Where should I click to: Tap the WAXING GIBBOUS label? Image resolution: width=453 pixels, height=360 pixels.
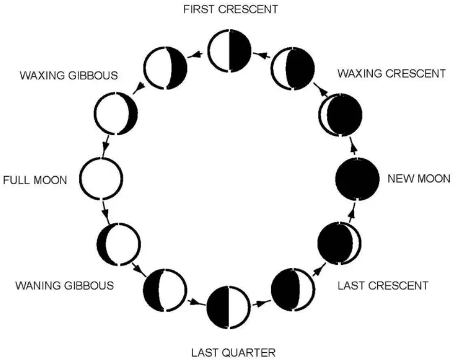(68, 76)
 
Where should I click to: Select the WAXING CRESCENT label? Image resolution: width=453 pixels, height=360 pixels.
(391, 74)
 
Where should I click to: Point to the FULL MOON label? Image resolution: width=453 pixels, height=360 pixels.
(35, 181)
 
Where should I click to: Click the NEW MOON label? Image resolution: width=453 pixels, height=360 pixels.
(419, 179)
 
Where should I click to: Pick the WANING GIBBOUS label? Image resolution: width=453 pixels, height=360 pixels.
(64, 284)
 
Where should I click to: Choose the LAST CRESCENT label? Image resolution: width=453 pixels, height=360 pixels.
(383, 285)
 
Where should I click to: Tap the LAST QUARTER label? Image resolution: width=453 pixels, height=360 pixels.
(233, 352)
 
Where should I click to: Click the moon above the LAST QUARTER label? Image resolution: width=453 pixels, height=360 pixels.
(228, 307)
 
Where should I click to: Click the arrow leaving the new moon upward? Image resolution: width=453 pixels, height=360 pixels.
(353, 148)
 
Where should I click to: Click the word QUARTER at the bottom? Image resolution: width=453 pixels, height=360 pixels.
(252, 352)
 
